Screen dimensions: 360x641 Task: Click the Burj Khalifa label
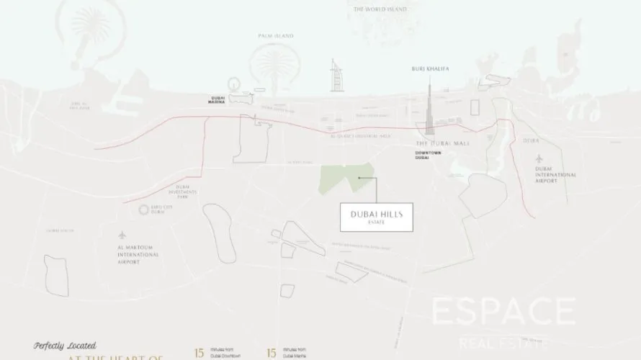point(430,68)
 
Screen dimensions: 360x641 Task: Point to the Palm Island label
point(276,35)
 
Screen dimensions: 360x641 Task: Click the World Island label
point(380,9)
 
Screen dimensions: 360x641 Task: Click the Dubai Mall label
point(442,143)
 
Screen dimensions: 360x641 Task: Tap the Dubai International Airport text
point(555,174)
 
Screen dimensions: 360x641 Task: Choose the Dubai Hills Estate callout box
point(376,217)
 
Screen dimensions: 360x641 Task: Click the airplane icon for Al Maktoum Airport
point(122,236)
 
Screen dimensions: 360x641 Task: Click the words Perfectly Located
point(65,346)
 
